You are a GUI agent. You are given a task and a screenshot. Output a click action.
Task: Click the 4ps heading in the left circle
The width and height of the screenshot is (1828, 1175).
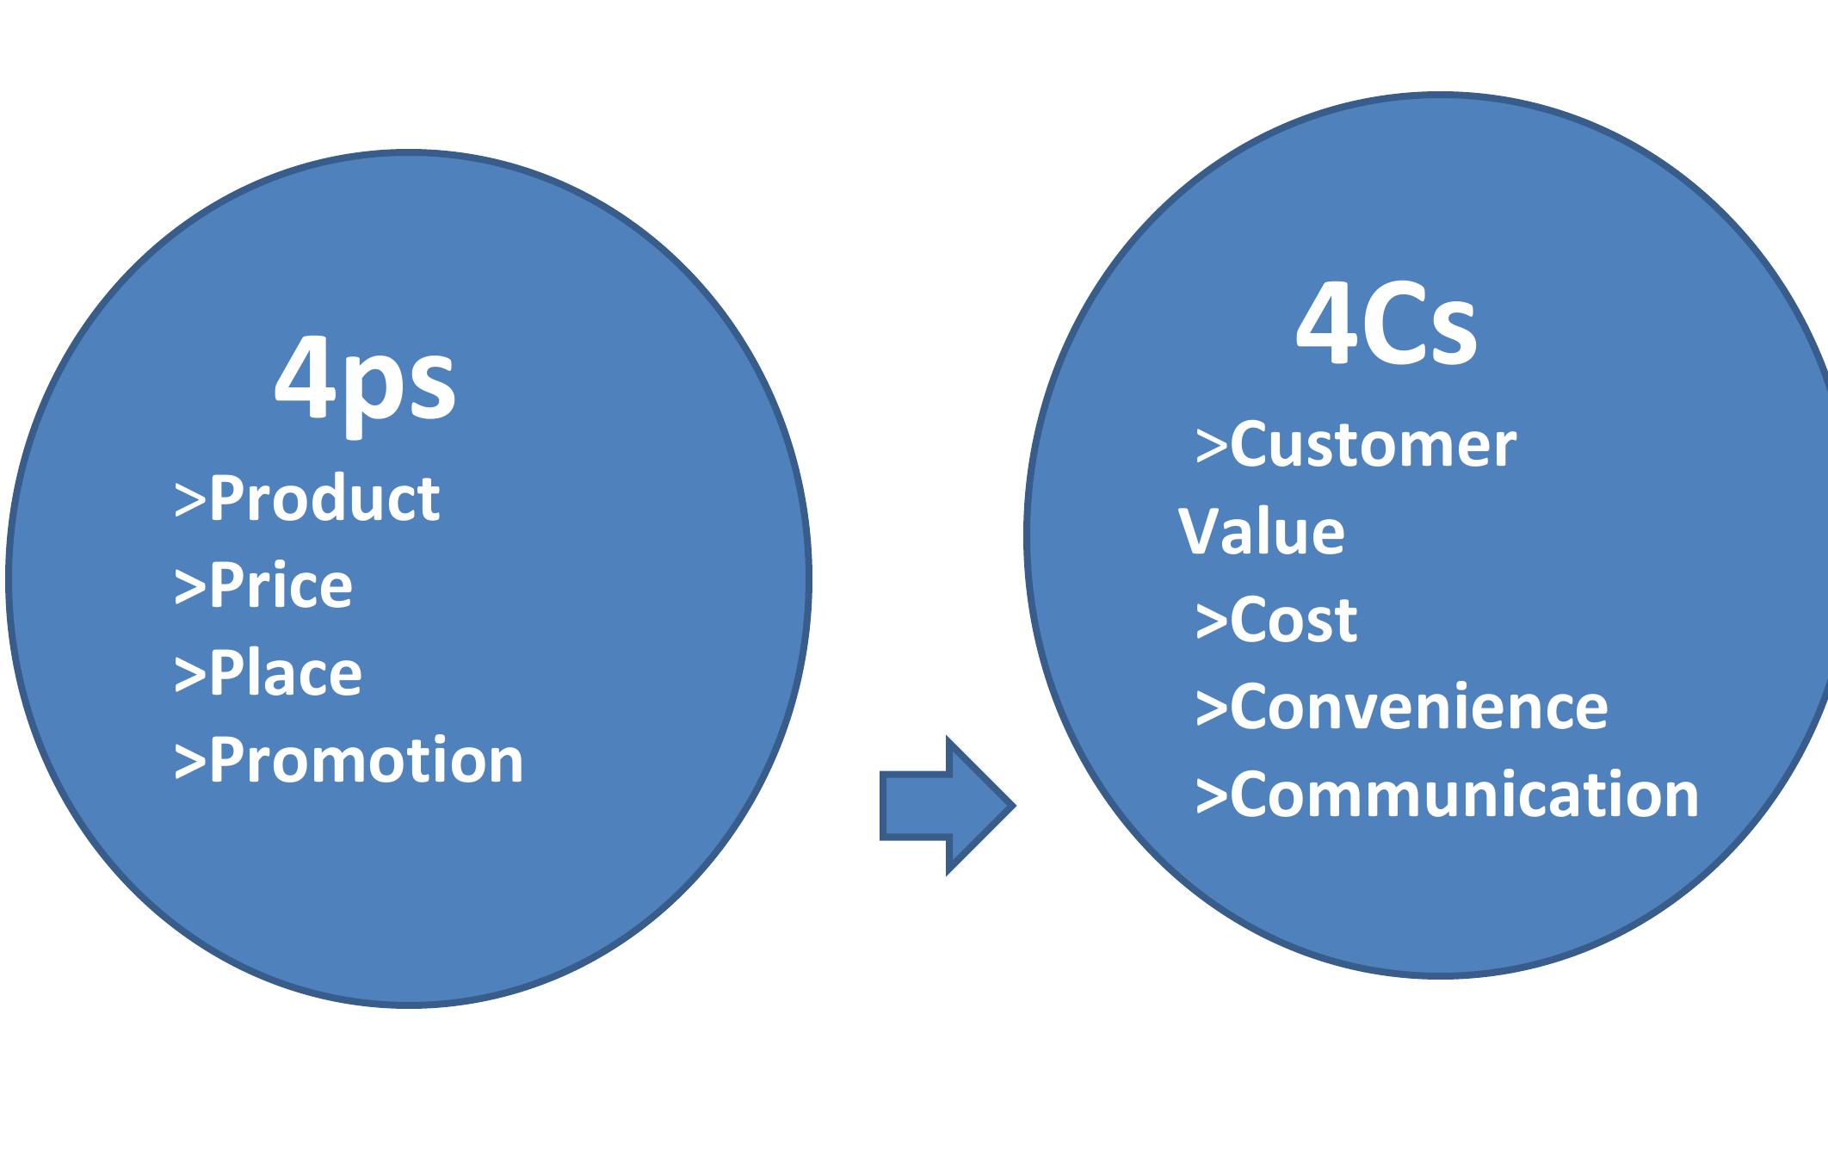point(365,381)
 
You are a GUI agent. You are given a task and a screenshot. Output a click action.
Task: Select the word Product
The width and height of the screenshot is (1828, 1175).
point(324,498)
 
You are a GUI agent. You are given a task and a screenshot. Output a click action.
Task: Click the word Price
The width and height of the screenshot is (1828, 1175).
point(281,585)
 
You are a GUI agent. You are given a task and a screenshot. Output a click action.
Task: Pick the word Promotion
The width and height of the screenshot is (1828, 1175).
point(366,761)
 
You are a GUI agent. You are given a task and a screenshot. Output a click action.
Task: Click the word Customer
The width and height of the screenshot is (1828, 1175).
point(1373,445)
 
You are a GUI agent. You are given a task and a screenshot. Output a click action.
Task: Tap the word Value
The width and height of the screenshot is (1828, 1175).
point(1261,531)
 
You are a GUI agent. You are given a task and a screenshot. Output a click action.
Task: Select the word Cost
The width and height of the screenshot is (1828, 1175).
point(1294,620)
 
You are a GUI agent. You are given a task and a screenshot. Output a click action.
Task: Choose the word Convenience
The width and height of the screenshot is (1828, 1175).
point(1418,707)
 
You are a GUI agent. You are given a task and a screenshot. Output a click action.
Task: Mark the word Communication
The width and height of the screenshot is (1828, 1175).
point(1464,794)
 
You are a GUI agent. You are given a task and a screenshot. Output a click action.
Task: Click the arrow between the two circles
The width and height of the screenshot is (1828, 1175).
point(947,806)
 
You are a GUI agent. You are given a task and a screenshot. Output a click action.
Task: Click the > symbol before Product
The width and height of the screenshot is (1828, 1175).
point(190,501)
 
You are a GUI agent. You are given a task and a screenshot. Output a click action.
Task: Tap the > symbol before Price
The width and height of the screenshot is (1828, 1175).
point(190,588)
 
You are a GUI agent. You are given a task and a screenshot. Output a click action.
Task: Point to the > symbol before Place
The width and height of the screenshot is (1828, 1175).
point(190,676)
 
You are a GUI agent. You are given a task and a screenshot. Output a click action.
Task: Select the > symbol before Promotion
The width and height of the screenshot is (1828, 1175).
point(190,764)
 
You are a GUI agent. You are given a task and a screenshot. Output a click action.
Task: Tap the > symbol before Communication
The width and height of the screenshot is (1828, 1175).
point(1212,796)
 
